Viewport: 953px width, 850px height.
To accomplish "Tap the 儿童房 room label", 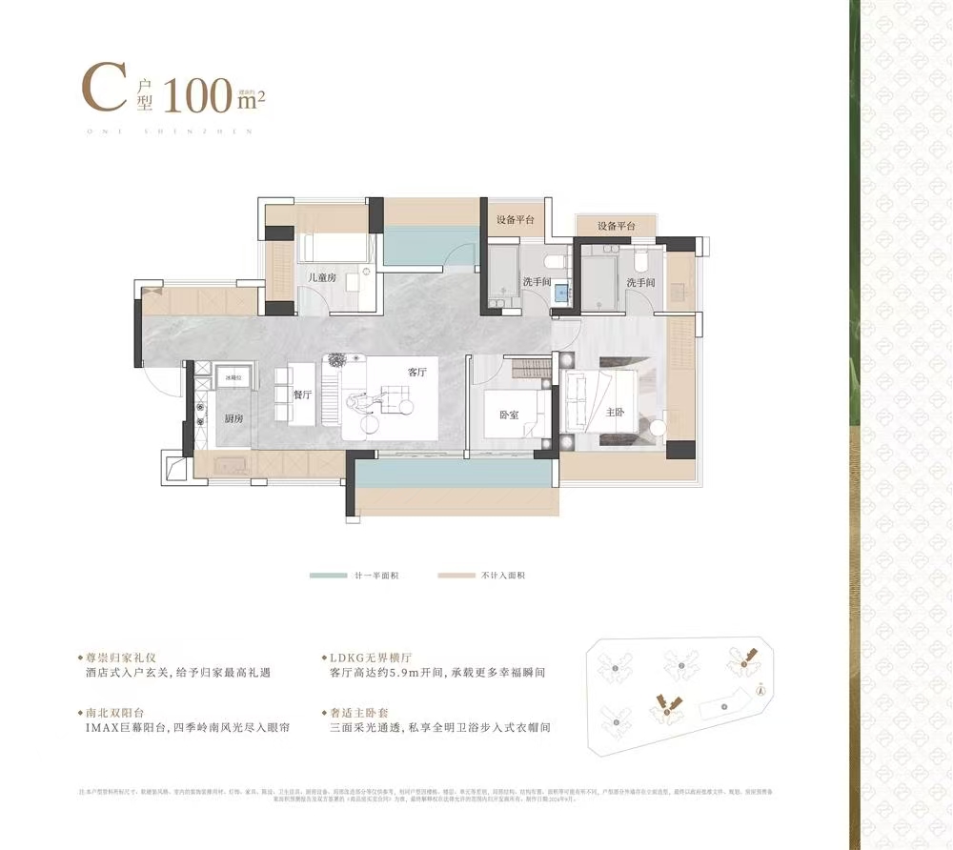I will (x=320, y=277).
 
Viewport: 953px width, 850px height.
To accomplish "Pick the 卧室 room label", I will (x=509, y=415).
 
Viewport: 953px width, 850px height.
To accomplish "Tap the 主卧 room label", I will (x=615, y=413).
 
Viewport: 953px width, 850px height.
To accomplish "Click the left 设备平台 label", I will (x=515, y=219).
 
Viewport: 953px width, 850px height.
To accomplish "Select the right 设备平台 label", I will (x=617, y=226).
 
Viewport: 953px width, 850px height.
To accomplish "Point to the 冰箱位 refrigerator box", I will (x=232, y=378).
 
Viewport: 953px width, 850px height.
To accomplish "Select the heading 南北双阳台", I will (x=113, y=712).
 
